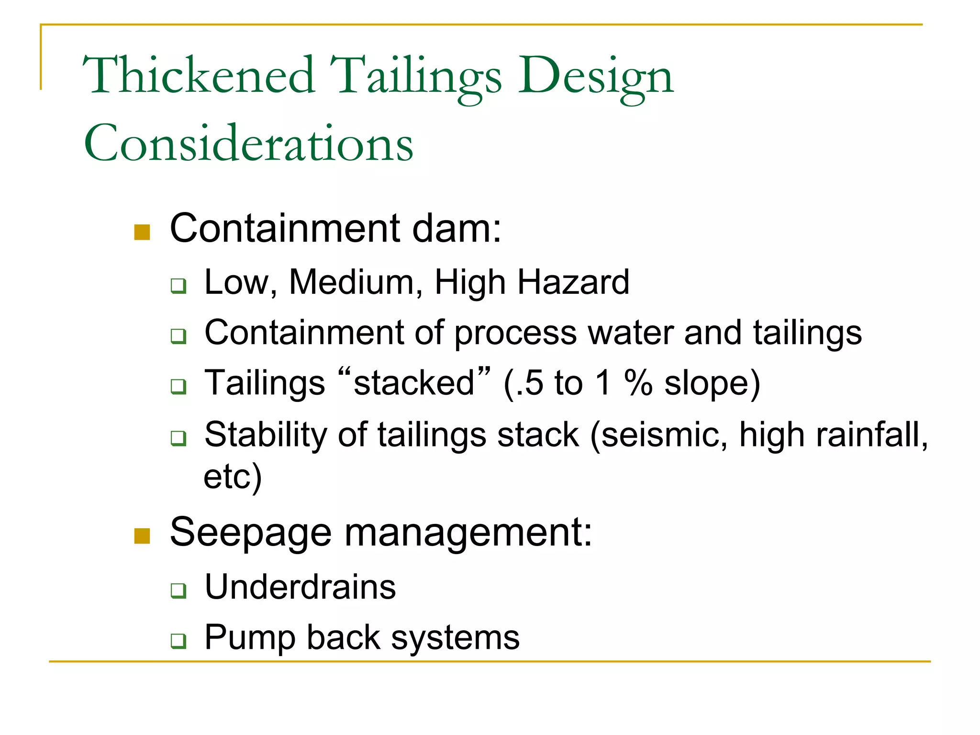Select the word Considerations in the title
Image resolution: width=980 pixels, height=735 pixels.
pos(248,144)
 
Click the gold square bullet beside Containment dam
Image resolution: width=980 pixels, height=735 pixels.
pos(142,232)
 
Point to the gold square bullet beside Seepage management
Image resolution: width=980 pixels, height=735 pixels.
pos(142,536)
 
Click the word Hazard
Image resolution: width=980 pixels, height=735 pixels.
pos(573,282)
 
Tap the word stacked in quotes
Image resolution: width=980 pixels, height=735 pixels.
pos(413,383)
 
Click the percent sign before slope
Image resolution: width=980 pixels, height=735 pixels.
pos(638,383)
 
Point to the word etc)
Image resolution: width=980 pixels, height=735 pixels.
pos(233,477)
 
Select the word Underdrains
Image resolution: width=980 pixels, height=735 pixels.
pos(300,587)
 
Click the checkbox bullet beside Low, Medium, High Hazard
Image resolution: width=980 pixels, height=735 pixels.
pos(178,286)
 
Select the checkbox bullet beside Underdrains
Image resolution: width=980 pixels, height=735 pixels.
pos(178,590)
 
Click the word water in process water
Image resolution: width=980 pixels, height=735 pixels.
pos(630,333)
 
